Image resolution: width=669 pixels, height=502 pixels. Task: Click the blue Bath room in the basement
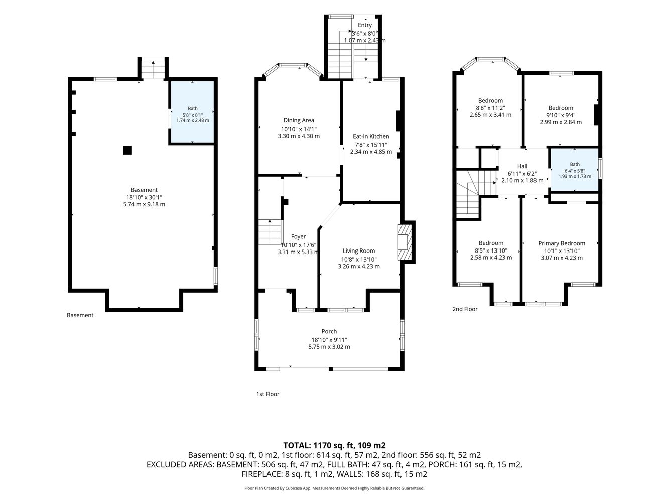click(192, 111)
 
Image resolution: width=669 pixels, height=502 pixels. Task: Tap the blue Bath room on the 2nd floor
click(575, 170)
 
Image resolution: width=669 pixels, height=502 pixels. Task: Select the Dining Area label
click(299, 120)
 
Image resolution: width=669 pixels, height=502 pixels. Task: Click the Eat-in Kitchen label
click(371, 136)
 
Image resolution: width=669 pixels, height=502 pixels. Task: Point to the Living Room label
click(359, 251)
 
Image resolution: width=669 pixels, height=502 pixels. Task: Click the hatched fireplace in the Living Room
click(405, 242)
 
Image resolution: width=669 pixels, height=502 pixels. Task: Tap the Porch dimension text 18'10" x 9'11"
click(329, 340)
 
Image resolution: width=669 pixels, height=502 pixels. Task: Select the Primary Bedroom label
click(562, 243)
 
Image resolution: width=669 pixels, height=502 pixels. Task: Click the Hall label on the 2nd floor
click(522, 166)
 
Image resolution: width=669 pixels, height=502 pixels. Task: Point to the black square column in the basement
click(127, 150)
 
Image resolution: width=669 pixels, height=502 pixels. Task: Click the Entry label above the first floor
click(365, 25)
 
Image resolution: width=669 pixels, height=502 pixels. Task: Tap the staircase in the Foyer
click(270, 232)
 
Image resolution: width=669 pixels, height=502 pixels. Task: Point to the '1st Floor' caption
click(267, 394)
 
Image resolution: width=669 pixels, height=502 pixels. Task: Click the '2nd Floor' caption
click(465, 309)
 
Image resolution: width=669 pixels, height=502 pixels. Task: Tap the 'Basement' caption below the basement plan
click(80, 315)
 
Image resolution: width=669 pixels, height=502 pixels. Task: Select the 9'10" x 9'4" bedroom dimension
click(561, 115)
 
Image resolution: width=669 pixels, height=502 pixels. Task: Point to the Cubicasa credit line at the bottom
click(334, 488)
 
